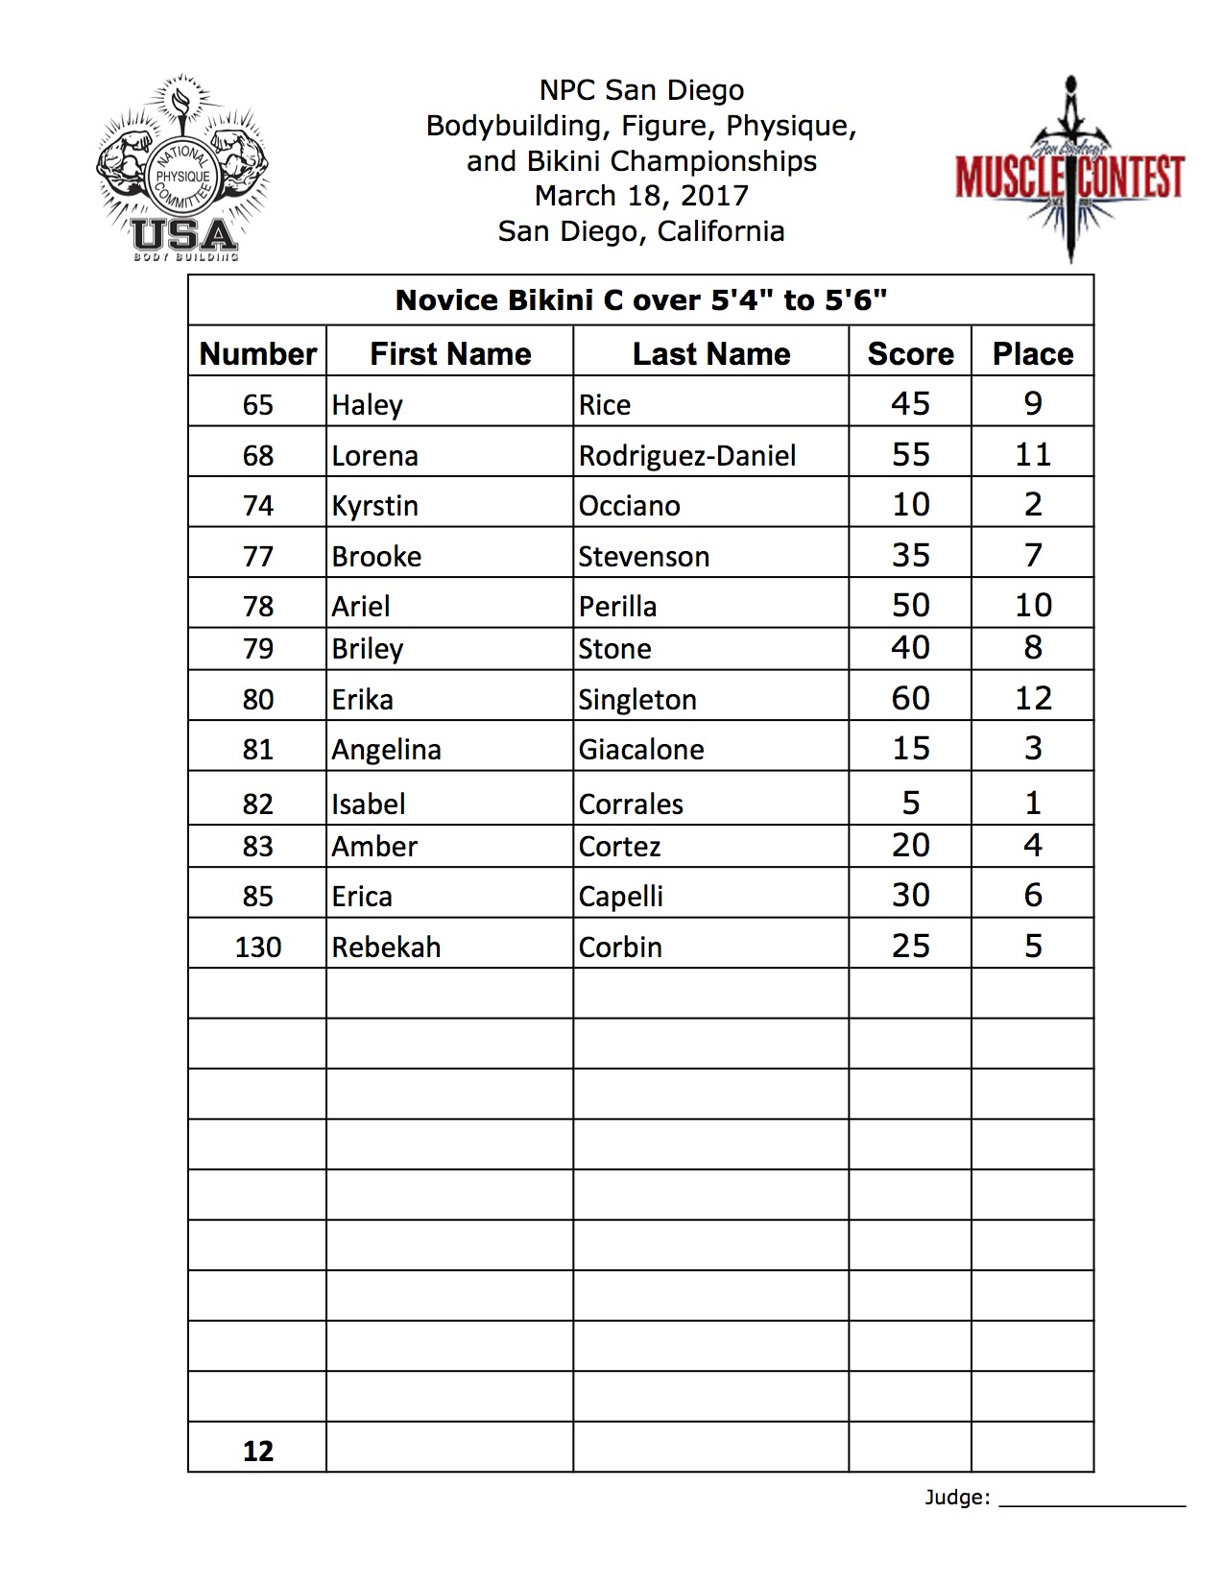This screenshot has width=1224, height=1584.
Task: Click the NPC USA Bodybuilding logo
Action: (181, 173)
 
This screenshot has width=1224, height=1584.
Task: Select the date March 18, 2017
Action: (641, 196)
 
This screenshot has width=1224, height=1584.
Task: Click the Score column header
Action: (910, 353)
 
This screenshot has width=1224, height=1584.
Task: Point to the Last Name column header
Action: (711, 353)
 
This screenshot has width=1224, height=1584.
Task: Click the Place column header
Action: (1033, 353)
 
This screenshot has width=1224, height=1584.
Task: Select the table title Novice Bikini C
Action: (640, 300)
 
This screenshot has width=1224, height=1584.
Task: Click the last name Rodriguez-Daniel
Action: (687, 455)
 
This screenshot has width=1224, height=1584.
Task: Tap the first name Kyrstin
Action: (374, 506)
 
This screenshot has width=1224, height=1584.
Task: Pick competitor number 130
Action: (258, 947)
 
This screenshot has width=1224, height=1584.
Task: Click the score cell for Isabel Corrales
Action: (910, 803)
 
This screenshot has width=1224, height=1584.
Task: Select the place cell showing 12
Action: (1033, 698)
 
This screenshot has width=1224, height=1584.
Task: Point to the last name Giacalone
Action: (641, 749)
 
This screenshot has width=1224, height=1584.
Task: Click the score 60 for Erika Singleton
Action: (910, 698)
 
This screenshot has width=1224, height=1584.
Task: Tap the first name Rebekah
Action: (386, 947)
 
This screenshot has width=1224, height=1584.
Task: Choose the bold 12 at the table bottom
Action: (258, 1451)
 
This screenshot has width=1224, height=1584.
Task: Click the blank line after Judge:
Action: (1092, 1498)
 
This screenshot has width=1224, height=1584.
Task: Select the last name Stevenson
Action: (643, 557)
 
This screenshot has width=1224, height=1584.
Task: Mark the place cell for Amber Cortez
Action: (1033, 845)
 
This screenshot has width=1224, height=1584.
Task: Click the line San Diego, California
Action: (641, 231)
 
